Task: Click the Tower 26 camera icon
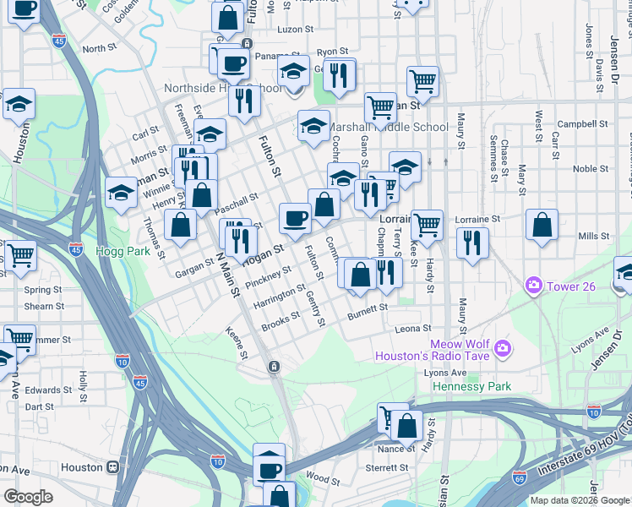pos(533,286)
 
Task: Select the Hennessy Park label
pos(472,386)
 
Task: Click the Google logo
pos(28,497)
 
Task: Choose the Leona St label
pos(414,329)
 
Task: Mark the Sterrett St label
pos(387,467)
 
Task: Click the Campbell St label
pos(577,124)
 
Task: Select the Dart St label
pos(39,406)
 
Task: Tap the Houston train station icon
pos(112,467)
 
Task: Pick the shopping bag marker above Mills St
pos(542,225)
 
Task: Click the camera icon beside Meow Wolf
pos(503,348)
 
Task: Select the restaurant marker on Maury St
pos(472,243)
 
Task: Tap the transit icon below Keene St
pos(274,366)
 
